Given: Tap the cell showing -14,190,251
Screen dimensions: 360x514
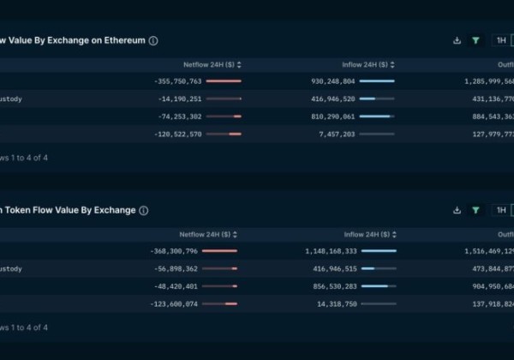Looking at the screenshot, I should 179,99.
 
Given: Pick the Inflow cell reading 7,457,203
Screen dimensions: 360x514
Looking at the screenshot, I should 336,134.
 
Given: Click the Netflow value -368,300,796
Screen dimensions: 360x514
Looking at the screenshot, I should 175,251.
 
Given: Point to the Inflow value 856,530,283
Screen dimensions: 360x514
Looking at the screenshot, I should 332,286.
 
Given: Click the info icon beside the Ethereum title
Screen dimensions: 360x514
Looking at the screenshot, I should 153,40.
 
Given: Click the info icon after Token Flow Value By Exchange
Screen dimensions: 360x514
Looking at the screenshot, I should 144,210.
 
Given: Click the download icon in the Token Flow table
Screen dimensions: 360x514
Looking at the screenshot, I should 457,210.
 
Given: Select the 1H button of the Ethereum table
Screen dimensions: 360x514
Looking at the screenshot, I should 501,40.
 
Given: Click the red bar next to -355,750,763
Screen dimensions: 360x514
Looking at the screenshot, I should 224,81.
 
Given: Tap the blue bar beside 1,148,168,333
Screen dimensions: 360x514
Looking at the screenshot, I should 379,251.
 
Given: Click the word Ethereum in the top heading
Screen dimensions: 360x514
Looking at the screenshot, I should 122,40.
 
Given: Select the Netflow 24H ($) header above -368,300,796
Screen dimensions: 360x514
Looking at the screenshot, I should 206,234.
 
